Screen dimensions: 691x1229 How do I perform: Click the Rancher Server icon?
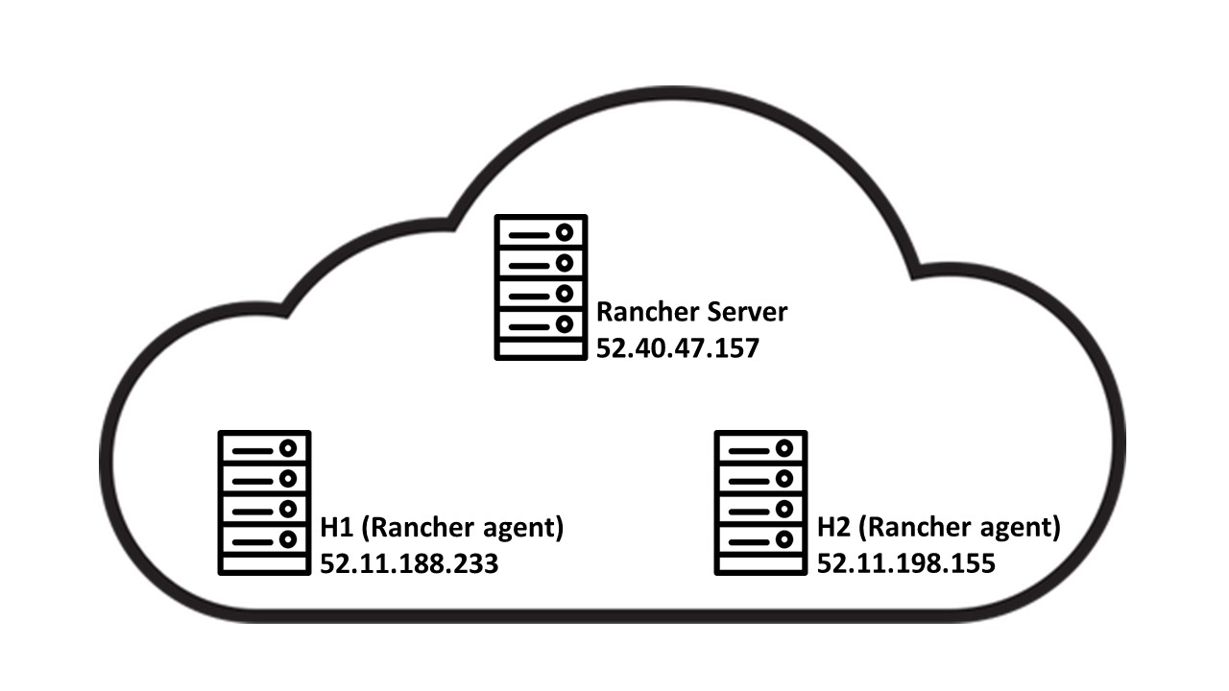coord(541,287)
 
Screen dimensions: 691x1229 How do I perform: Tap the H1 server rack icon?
coord(264,503)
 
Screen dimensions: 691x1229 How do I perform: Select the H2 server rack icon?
coord(761,503)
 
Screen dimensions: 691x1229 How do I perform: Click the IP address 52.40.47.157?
coord(677,347)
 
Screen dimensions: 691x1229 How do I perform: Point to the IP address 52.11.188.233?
coord(409,564)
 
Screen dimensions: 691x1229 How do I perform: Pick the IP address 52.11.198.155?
coord(905,564)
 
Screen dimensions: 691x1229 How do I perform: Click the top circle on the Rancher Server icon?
coord(564,232)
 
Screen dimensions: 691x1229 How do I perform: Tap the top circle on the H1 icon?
coord(287,448)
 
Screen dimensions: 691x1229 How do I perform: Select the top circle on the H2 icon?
coord(784,448)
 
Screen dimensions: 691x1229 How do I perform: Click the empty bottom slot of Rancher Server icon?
coord(541,348)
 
